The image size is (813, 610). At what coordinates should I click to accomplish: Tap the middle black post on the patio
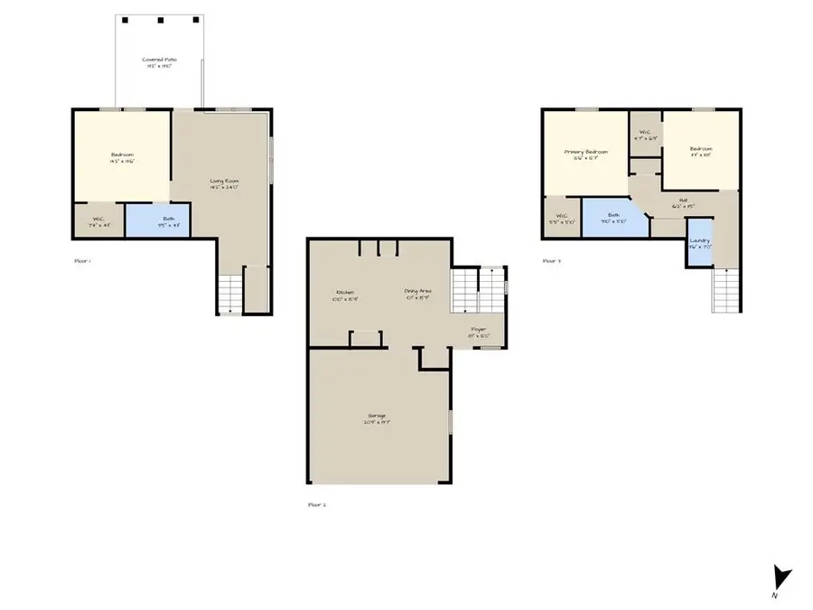click(159, 19)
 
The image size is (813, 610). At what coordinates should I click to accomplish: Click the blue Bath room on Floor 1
click(156, 221)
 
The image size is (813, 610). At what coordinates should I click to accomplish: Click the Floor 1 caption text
click(82, 260)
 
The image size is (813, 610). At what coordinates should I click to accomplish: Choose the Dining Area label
click(418, 293)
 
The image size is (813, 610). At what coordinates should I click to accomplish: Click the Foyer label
click(478, 332)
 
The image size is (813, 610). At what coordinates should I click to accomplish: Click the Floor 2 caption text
click(317, 504)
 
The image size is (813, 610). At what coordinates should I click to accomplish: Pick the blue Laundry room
click(699, 247)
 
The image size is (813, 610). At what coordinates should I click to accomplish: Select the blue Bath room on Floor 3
click(614, 217)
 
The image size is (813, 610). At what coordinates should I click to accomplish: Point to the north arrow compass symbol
click(781, 576)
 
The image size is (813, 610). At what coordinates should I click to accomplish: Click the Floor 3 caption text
click(552, 260)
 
